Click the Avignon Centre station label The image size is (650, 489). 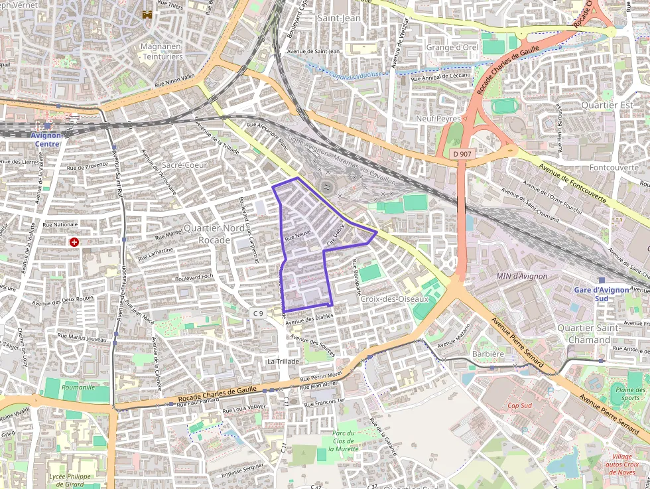click(x=46, y=139)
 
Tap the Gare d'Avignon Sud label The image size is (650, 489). click(x=601, y=293)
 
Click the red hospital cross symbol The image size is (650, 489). click(x=74, y=242)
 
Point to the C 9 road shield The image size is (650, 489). click(x=258, y=313)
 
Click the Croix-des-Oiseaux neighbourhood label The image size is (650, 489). click(x=395, y=299)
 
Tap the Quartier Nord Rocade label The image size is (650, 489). click(x=214, y=234)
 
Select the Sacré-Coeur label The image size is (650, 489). click(x=185, y=165)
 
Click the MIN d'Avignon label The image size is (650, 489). click(x=521, y=276)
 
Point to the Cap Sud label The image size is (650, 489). click(x=521, y=405)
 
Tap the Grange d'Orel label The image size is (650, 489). click(x=452, y=47)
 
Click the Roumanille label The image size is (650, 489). click(x=78, y=386)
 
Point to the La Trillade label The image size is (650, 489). click(x=283, y=361)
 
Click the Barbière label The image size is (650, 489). click(x=488, y=354)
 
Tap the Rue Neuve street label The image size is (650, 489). click(x=298, y=235)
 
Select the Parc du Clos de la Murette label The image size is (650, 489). click(x=344, y=441)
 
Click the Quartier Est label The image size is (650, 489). click(x=607, y=105)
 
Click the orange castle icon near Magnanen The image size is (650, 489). click(x=147, y=13)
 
